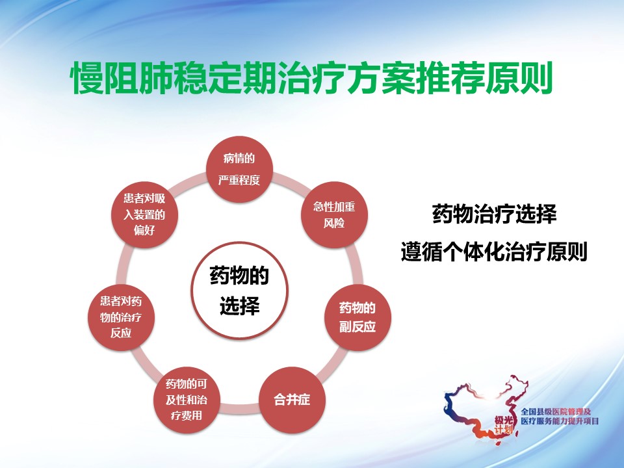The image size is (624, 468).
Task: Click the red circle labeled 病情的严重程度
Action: (x=239, y=170)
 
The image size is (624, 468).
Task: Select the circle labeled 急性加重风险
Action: (x=334, y=215)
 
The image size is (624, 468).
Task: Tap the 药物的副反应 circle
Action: (x=357, y=317)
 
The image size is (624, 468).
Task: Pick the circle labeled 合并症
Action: (x=292, y=400)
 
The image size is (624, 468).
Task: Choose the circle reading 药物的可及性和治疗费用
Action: (x=187, y=400)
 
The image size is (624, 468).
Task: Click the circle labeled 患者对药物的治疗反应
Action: (x=121, y=317)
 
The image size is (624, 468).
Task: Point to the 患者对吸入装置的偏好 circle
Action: (x=144, y=215)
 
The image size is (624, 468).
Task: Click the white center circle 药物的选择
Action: (x=239, y=291)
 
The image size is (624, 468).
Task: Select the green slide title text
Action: (x=311, y=77)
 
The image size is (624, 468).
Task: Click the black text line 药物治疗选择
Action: (x=494, y=214)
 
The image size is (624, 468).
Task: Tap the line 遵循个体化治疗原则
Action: (x=494, y=252)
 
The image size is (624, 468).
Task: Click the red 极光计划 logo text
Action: (x=503, y=424)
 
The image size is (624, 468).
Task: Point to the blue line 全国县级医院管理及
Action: (x=556, y=412)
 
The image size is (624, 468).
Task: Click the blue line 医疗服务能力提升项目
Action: (x=560, y=421)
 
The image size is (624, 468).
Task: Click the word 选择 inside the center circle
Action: (x=240, y=305)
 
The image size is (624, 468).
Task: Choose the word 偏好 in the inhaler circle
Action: (x=144, y=230)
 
